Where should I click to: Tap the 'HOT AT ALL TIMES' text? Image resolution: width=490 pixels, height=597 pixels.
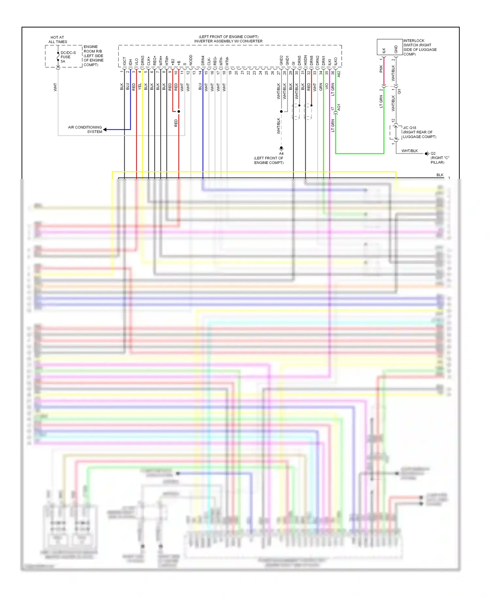[x=57, y=40]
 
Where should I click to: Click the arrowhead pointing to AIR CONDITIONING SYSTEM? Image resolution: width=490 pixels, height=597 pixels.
[x=105, y=130]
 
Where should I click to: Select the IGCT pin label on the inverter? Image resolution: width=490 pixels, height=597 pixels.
[x=124, y=61]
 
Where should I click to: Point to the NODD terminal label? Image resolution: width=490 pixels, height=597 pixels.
[x=191, y=60]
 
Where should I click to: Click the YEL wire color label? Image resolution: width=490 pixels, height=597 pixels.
[x=140, y=87]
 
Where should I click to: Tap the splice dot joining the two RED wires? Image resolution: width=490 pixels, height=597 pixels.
[x=179, y=111]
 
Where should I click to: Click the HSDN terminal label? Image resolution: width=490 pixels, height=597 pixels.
[x=305, y=60]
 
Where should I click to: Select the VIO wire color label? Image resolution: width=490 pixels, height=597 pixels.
[x=327, y=87]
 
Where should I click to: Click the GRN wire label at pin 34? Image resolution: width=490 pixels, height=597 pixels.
[x=321, y=87]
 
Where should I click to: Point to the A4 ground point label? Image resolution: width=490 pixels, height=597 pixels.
[x=281, y=153]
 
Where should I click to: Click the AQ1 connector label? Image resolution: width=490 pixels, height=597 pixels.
[x=339, y=107]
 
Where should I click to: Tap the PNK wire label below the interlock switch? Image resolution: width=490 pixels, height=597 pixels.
[x=381, y=69]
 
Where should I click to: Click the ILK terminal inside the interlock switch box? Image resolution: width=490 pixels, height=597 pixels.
[x=384, y=50]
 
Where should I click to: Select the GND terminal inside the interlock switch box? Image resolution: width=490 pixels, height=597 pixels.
[x=396, y=50]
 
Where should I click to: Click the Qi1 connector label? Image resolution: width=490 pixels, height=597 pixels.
[x=399, y=91]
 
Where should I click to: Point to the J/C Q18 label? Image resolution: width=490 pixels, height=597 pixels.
[x=410, y=128]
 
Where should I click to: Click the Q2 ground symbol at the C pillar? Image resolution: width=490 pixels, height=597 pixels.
[x=427, y=153]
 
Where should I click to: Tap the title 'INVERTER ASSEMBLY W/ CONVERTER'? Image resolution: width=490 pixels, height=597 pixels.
[x=228, y=41]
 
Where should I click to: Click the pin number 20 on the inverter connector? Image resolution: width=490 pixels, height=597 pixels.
[x=236, y=73]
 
